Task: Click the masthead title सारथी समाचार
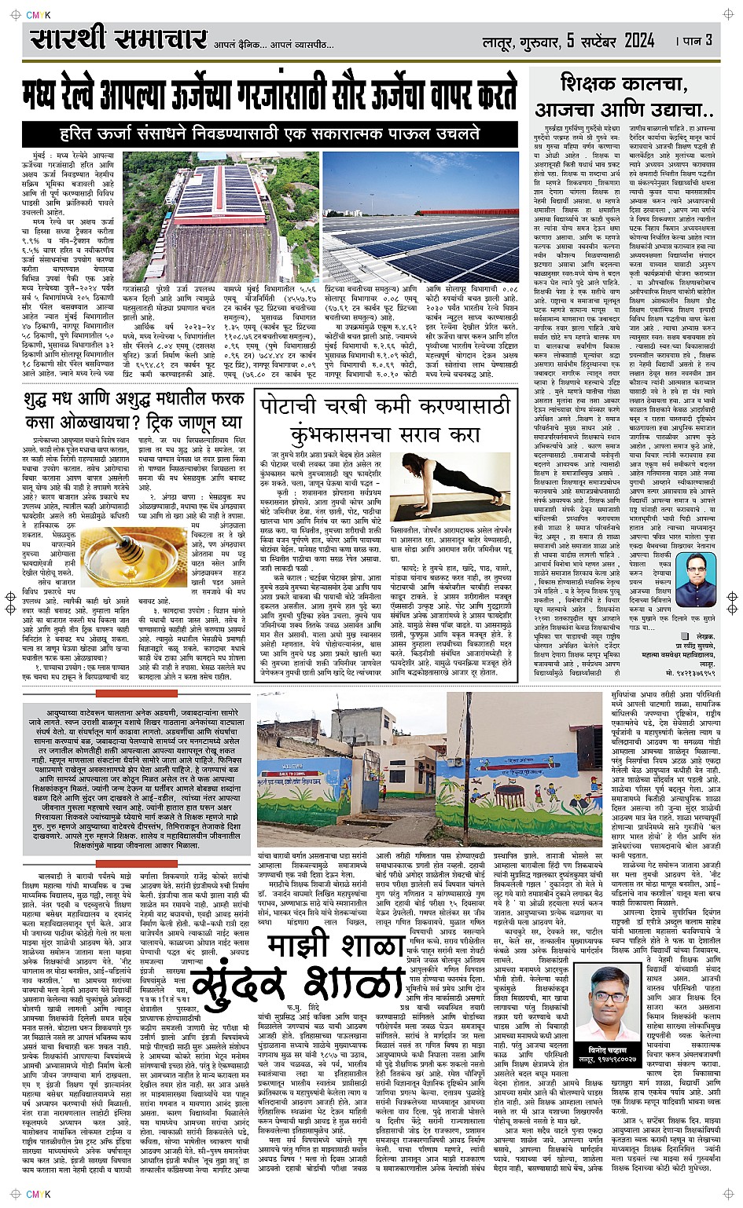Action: pos(118,39)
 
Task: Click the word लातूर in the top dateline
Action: pos(500,41)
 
